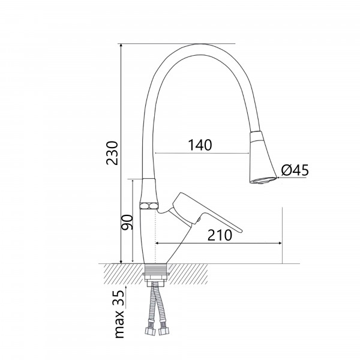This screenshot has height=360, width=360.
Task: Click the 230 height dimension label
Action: [x=112, y=153]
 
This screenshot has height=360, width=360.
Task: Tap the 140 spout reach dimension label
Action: [x=200, y=145]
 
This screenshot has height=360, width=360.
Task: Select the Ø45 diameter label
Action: [x=295, y=170]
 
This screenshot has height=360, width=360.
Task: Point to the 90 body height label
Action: [x=127, y=222]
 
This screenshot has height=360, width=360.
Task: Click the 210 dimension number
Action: [x=220, y=235]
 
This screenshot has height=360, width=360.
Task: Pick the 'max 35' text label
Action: [x=119, y=314]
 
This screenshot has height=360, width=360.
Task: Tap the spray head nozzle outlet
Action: [x=263, y=180]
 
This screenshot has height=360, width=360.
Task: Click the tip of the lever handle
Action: [x=241, y=231]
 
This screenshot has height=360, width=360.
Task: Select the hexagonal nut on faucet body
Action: [x=149, y=205]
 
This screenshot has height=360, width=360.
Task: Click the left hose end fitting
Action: [x=149, y=331]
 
